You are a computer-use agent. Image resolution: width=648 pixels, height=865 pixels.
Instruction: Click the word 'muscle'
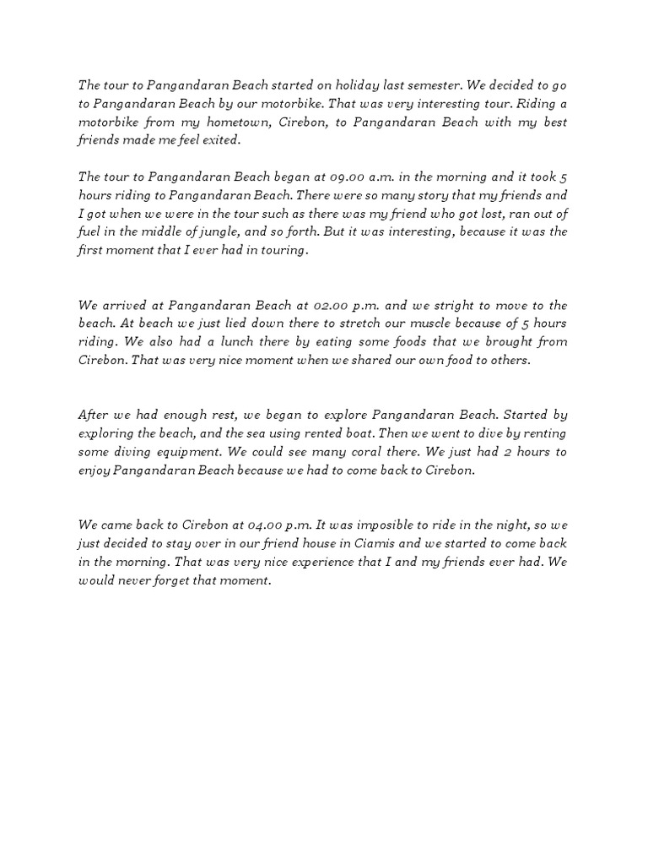point(410,324)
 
